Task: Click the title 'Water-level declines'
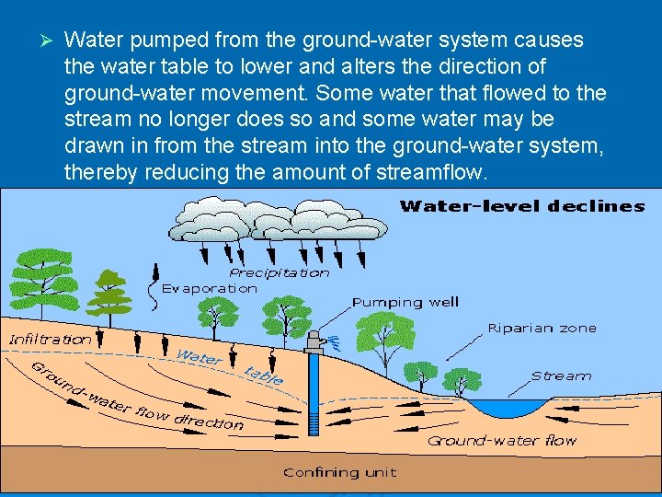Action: tap(521, 206)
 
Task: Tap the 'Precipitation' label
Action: tap(279, 272)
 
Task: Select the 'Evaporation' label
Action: tap(210, 288)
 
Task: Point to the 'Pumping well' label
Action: tap(405, 302)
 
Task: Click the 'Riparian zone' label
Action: tap(542, 328)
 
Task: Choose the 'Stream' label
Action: tap(561, 376)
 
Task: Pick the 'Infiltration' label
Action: tap(51, 339)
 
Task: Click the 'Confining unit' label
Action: tap(339, 472)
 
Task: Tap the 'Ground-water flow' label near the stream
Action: tap(501, 441)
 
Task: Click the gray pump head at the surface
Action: tap(315, 340)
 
